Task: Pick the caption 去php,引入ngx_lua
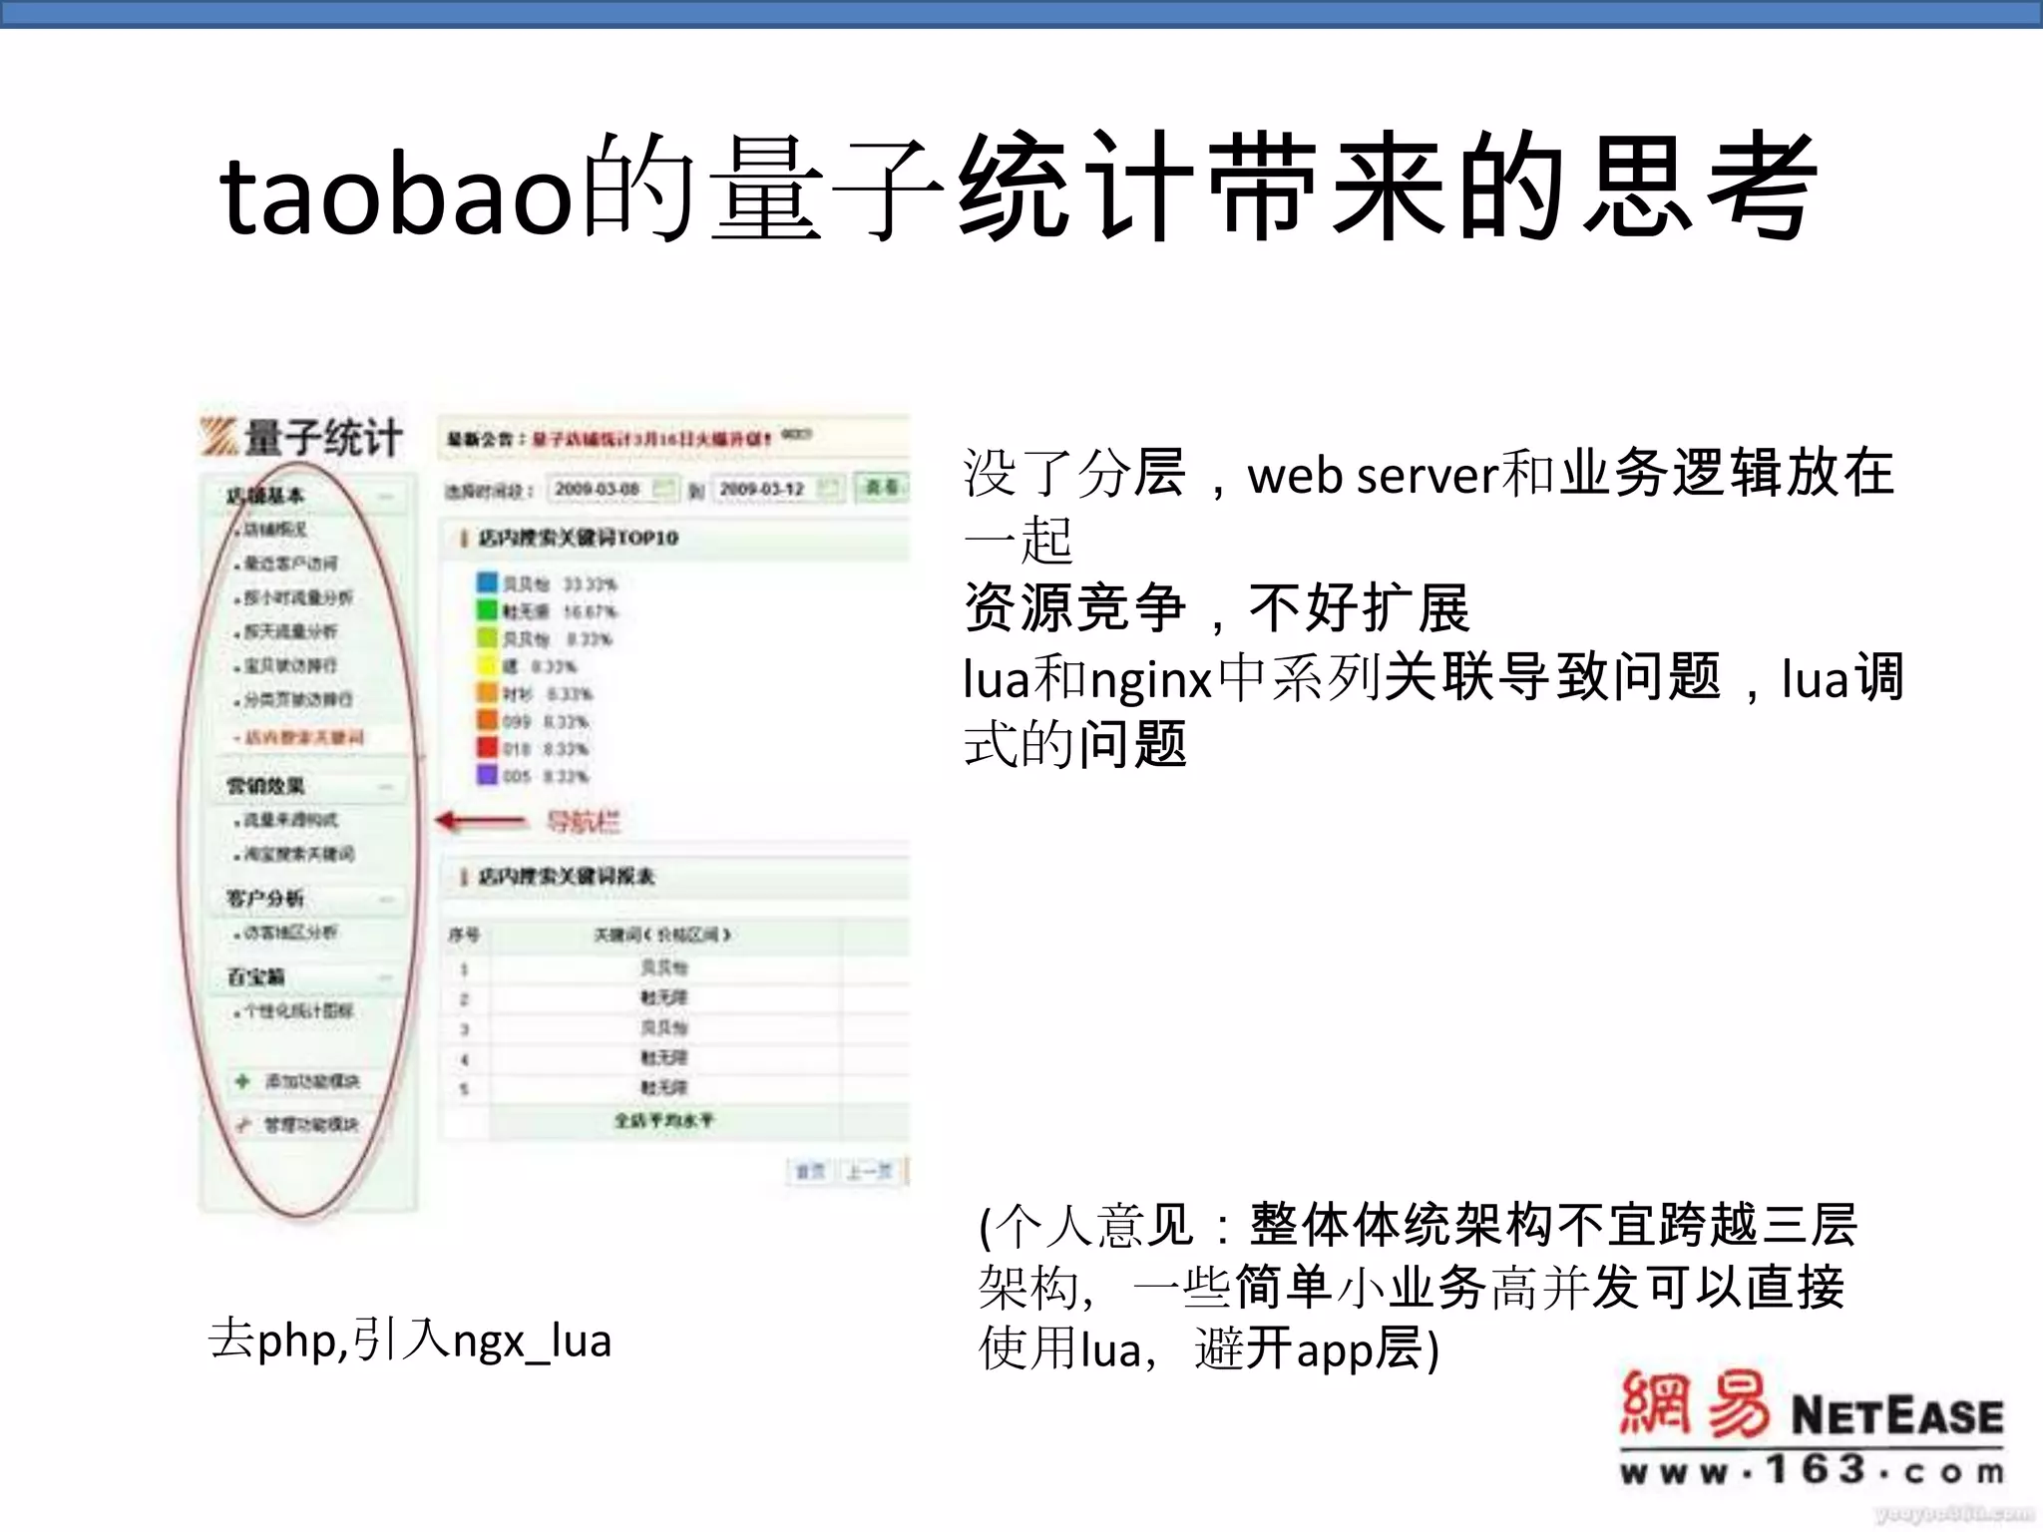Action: pos(409,1340)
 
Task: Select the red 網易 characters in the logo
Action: pos(1694,1404)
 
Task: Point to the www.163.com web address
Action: pos(1812,1470)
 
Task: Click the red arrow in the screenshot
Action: pos(481,821)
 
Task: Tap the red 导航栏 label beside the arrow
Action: pos(583,822)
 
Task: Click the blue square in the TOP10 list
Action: pos(487,582)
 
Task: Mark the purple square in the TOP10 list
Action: pos(487,774)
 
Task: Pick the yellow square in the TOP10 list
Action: pos(487,665)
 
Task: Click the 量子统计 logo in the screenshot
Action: pos(302,437)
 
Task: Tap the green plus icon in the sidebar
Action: pos(241,1081)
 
